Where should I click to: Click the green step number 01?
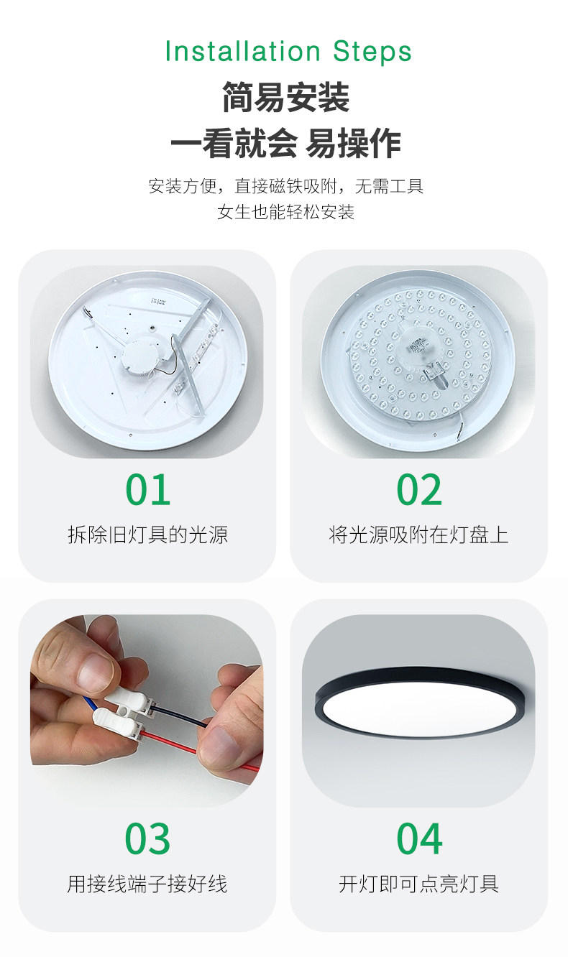(148, 489)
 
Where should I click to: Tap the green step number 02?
(419, 489)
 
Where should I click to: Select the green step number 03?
(147, 838)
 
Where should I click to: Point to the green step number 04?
(419, 838)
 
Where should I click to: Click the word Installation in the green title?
(242, 51)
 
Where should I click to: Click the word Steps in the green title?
(372, 52)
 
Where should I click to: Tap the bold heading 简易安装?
(285, 98)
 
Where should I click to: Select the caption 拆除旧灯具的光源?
(148, 535)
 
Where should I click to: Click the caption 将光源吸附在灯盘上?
(419, 535)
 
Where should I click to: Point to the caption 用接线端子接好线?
(147, 884)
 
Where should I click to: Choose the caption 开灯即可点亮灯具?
(419, 884)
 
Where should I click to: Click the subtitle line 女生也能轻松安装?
(285, 212)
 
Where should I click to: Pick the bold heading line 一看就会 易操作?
(285, 143)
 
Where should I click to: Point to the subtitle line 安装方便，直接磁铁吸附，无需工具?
(285, 186)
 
